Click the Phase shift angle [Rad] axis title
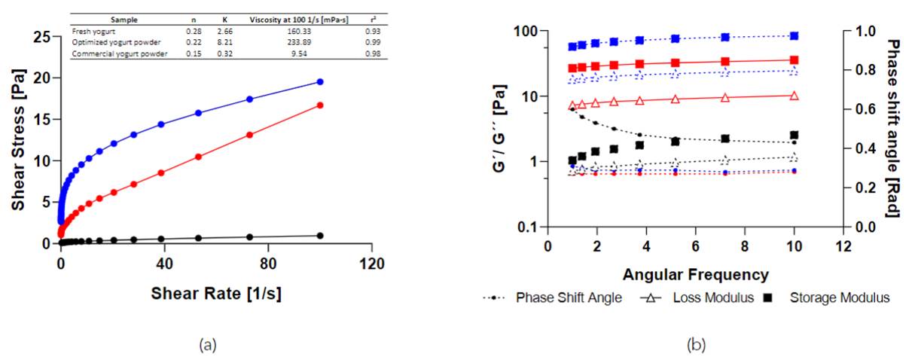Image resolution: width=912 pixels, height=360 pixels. point(893,128)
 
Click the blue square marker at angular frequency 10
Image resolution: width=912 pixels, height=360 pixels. point(794,35)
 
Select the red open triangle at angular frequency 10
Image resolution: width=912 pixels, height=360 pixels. point(794,96)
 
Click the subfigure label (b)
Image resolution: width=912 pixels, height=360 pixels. point(695,345)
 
